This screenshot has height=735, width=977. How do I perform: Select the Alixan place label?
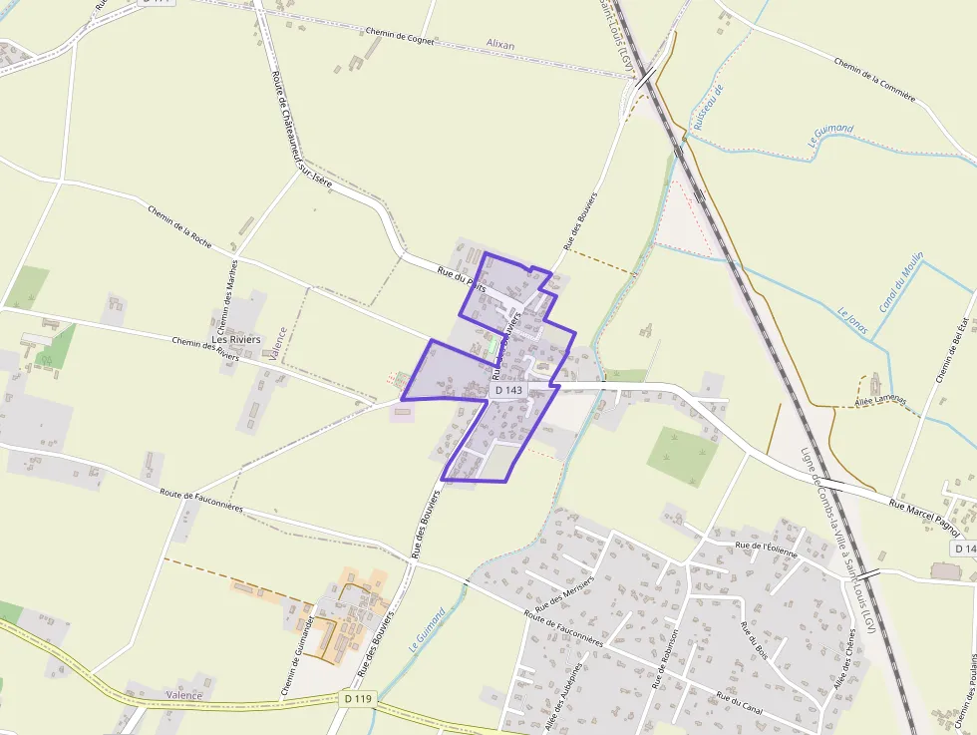[500, 45]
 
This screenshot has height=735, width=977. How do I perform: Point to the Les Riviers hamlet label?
[236, 339]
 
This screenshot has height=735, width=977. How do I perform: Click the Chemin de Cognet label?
[400, 39]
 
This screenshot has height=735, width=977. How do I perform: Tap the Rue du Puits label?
[462, 278]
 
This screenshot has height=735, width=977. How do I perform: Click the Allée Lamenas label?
[880, 400]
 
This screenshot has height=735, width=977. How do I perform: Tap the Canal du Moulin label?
[901, 280]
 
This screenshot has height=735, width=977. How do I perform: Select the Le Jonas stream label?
[852, 320]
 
